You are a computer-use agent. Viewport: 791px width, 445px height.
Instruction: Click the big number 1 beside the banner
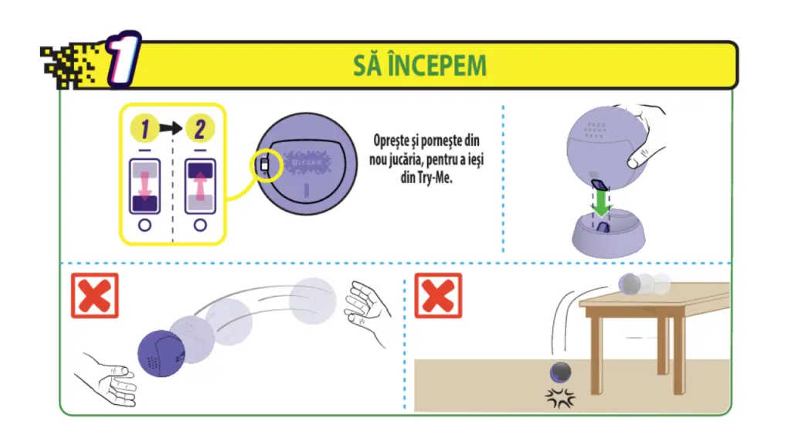(x=124, y=59)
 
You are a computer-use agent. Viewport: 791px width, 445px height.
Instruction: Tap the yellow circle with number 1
(x=144, y=128)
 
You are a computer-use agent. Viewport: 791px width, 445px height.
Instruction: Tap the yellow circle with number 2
(x=200, y=128)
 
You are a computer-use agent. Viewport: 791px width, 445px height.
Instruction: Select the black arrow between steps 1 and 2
(x=171, y=128)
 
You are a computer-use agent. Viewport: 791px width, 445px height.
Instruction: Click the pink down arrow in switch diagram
(x=144, y=185)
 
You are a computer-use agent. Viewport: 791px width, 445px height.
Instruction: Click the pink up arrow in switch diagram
(x=200, y=185)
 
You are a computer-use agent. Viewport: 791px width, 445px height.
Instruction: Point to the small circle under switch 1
(x=144, y=225)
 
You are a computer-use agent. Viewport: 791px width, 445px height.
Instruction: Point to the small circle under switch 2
(x=200, y=225)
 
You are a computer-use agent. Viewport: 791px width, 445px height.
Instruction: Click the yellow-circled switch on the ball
(x=265, y=165)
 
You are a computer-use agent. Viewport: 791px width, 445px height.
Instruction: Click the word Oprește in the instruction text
(x=391, y=141)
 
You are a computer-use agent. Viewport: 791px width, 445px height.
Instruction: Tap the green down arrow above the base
(x=601, y=202)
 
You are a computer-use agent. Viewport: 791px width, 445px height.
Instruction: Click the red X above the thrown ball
(x=95, y=296)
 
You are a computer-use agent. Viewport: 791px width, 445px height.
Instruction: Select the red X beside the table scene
(x=438, y=296)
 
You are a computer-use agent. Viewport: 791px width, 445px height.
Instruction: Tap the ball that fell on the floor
(x=560, y=373)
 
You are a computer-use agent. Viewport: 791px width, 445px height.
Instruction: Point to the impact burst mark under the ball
(x=560, y=398)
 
